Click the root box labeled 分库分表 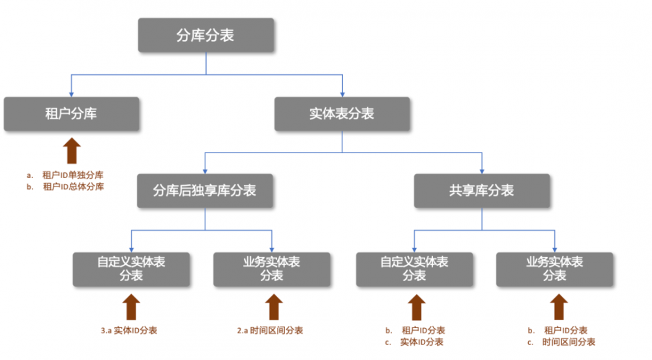click(206, 35)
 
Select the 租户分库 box click(71, 114)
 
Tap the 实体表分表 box click(342, 114)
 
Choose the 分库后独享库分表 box click(205, 190)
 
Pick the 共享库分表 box click(482, 190)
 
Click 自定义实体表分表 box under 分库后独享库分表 click(131, 269)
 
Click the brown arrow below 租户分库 click(71, 151)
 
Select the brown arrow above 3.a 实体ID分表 click(131, 306)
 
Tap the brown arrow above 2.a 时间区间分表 click(272, 306)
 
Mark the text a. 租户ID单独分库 click(65, 175)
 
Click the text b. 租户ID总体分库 click(65, 187)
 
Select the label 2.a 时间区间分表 click(270, 330)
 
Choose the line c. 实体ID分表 click(415, 342)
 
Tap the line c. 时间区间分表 click(561, 342)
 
